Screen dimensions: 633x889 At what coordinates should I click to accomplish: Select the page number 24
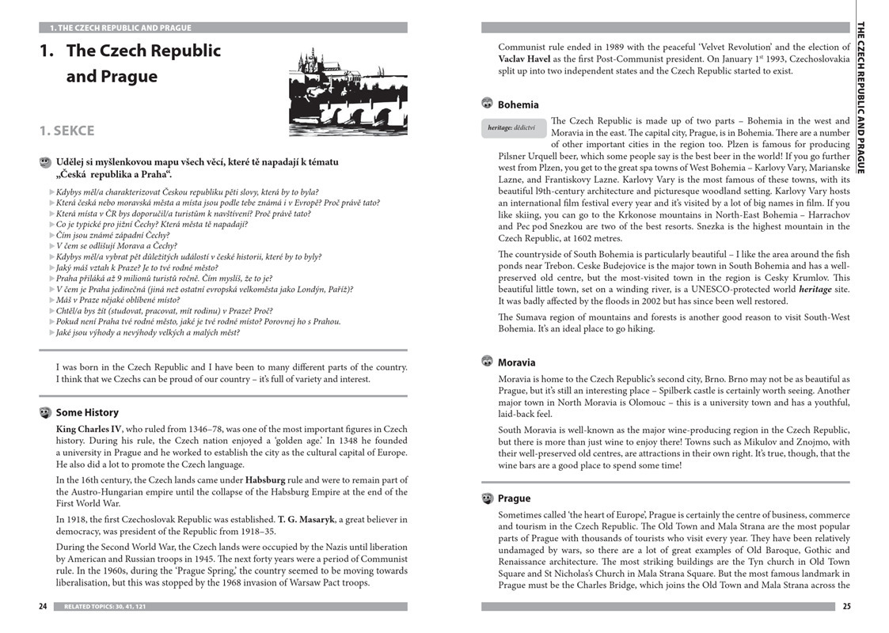click(x=43, y=607)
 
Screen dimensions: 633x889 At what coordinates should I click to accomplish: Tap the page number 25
click(x=845, y=607)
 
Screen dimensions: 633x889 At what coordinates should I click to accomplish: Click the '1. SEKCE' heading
click(x=66, y=131)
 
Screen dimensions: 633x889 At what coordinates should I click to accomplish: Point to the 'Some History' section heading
click(x=87, y=412)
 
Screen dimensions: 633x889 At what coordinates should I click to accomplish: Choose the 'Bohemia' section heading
click(x=518, y=104)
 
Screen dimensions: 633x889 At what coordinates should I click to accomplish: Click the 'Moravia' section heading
click(x=516, y=362)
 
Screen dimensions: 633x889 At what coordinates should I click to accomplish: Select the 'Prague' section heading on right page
click(x=514, y=498)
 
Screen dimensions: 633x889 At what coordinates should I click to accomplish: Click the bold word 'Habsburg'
click(x=265, y=479)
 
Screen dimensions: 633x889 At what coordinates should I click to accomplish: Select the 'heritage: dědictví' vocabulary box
click(x=511, y=127)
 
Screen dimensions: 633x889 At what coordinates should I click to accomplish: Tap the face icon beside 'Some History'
click(x=45, y=412)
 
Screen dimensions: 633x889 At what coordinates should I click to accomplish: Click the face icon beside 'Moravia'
click(x=488, y=362)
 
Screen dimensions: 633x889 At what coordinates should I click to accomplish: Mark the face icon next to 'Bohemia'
click(x=488, y=104)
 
